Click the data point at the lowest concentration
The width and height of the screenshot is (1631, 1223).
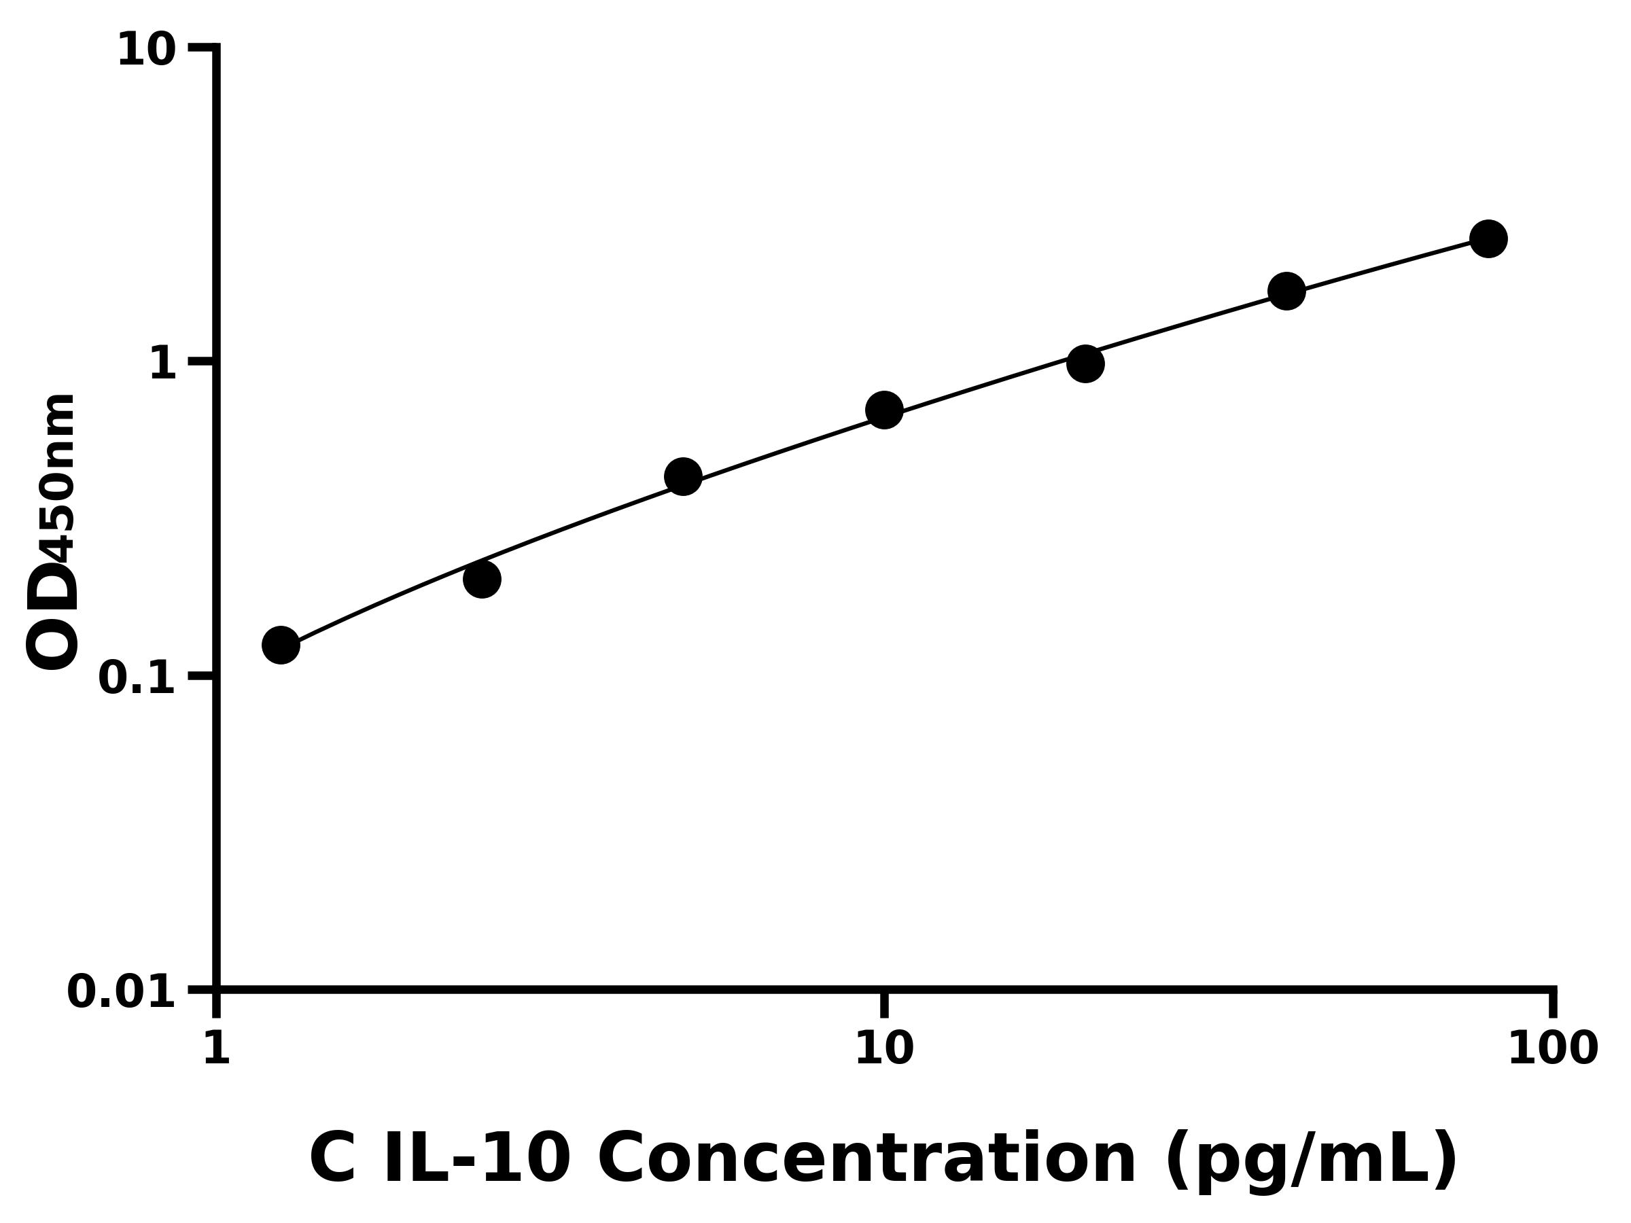[x=281, y=645]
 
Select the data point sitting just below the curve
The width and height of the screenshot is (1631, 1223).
[x=483, y=579]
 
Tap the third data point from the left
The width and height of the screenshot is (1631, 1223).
[x=683, y=477]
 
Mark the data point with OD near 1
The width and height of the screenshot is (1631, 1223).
[x=1085, y=364]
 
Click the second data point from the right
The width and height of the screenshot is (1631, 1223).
[x=1286, y=291]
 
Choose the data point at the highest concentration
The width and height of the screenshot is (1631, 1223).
[x=1489, y=239]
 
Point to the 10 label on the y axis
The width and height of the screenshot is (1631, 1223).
[x=147, y=52]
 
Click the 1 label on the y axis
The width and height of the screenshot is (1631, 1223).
[x=163, y=364]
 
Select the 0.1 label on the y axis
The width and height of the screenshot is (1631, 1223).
[x=137, y=678]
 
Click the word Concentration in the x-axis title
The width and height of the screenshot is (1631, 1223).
[x=866, y=1160]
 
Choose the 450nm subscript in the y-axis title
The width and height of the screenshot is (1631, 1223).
[x=59, y=479]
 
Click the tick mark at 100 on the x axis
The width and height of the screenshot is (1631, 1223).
[x=1553, y=1004]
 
